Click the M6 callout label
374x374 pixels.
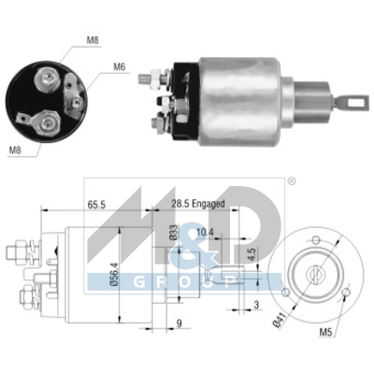[x=120, y=66]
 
